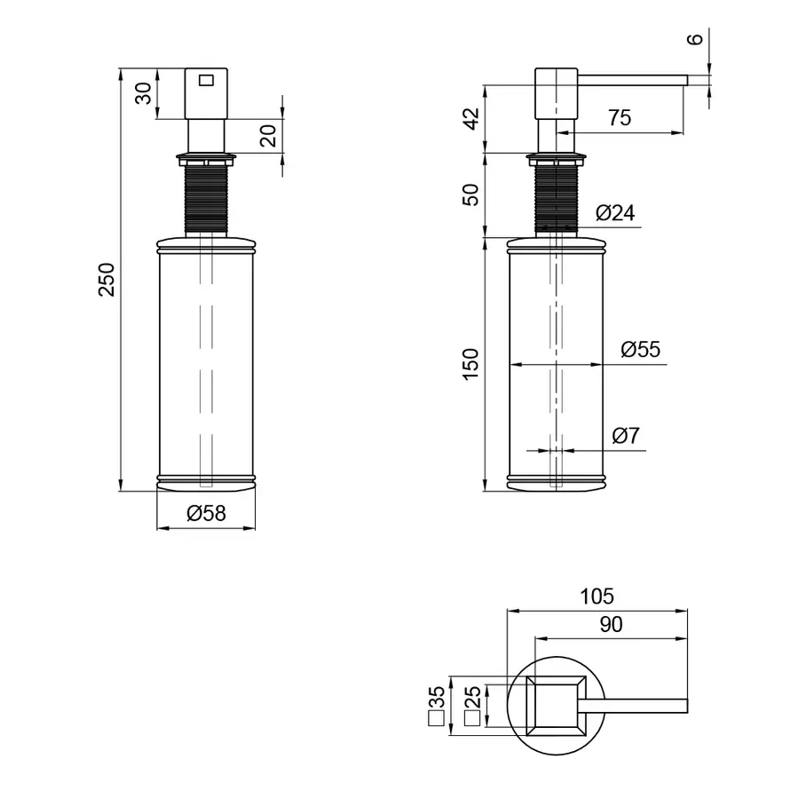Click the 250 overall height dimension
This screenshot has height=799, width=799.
107,280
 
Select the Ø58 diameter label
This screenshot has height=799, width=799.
206,513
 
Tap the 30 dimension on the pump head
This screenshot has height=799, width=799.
144,93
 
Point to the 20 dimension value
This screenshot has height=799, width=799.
268,136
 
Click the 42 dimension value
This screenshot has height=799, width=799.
472,119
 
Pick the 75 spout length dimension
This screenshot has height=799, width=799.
620,118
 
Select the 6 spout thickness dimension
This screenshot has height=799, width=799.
695,39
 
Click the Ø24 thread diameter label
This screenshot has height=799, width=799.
615,213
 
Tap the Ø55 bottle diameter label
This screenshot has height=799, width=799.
640,350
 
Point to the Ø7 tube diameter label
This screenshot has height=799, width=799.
626,436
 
